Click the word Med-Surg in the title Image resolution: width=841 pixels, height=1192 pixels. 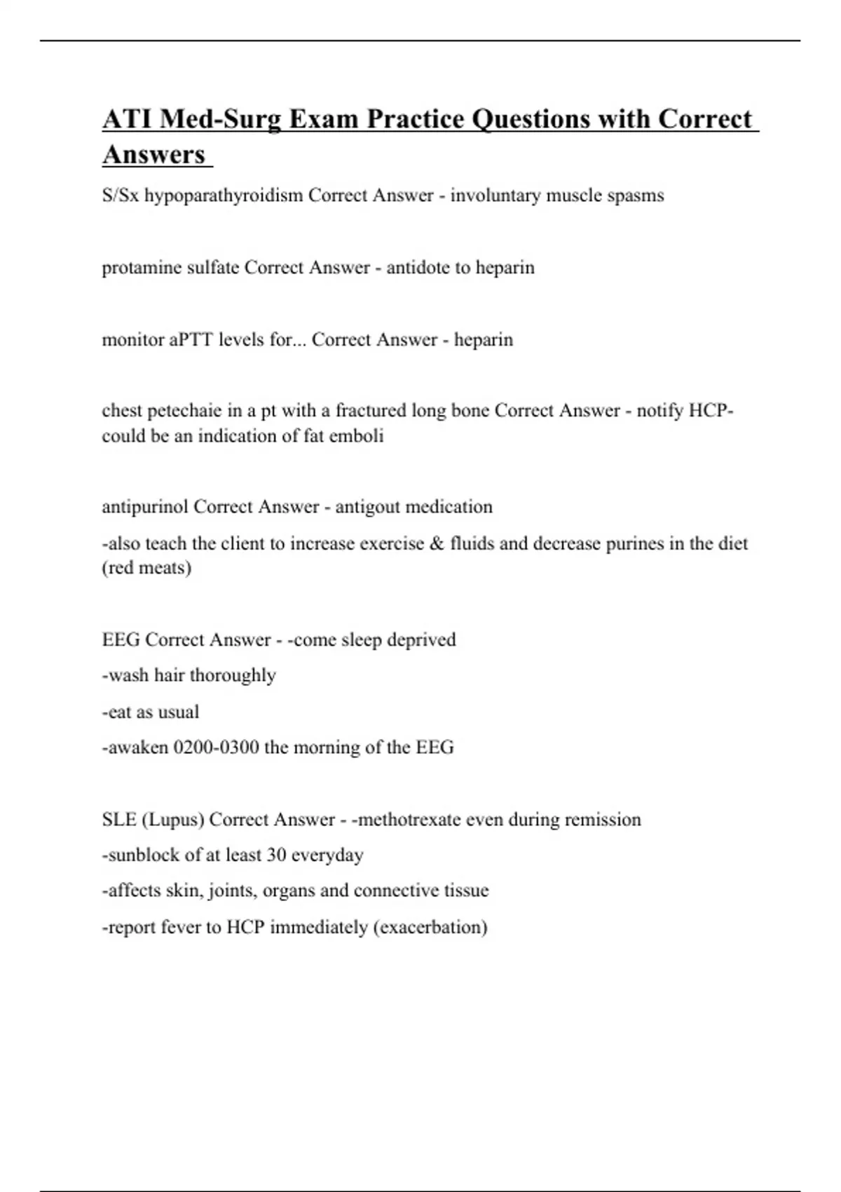(219, 119)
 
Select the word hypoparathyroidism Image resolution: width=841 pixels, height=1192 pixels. (224, 196)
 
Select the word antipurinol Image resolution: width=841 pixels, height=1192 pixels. (145, 507)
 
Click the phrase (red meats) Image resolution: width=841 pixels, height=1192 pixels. (146, 567)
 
